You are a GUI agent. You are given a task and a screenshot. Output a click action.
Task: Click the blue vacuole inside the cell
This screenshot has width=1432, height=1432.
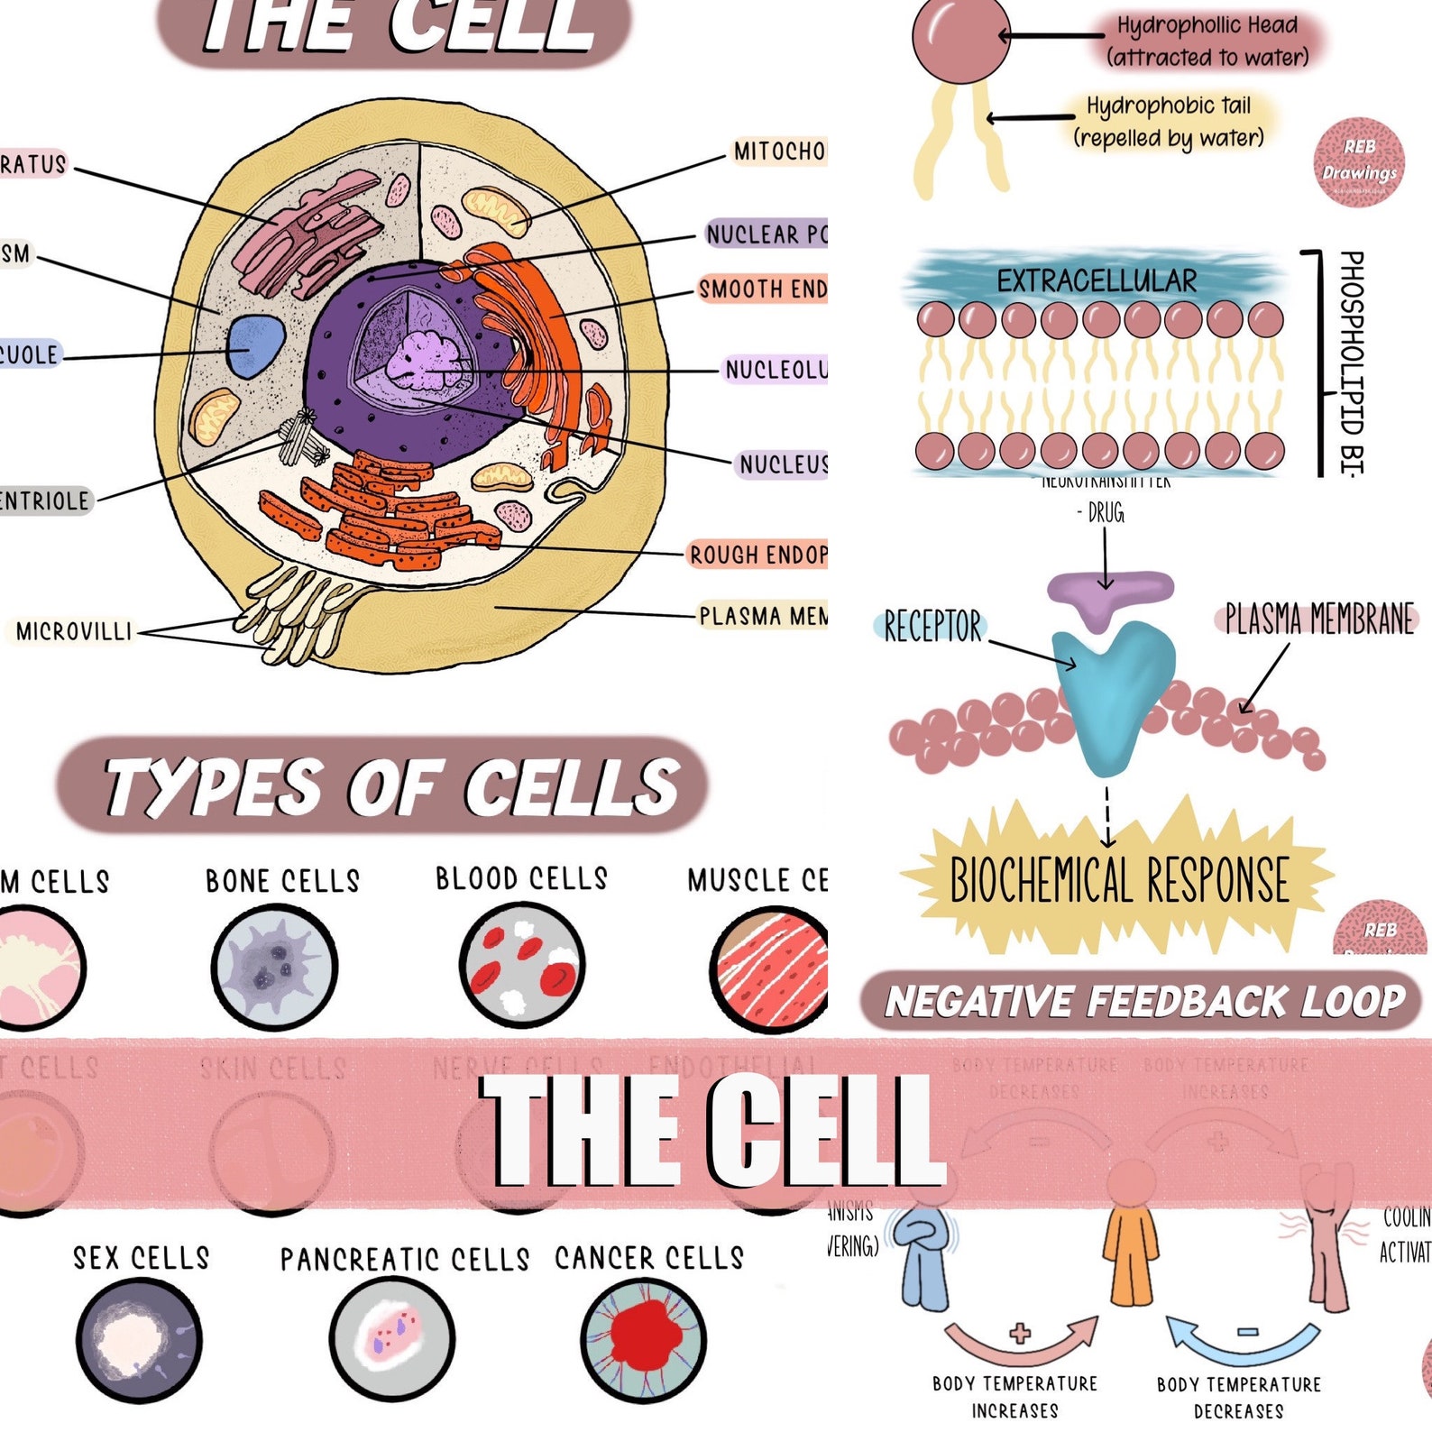(x=255, y=345)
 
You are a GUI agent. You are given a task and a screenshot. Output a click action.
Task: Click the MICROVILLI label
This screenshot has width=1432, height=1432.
(x=74, y=631)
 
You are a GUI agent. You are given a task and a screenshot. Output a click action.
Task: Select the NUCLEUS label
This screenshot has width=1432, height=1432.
(x=781, y=464)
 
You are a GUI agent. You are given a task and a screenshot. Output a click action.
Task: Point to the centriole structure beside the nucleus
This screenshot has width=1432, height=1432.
(x=301, y=438)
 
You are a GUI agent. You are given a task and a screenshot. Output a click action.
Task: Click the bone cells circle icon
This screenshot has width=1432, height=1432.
(x=274, y=968)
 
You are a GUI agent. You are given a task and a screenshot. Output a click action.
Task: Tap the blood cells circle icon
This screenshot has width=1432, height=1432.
(x=521, y=967)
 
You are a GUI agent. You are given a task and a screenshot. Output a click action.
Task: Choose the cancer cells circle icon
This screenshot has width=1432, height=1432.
(x=643, y=1339)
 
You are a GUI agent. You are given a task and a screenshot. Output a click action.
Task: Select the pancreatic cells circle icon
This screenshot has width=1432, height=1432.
(x=392, y=1339)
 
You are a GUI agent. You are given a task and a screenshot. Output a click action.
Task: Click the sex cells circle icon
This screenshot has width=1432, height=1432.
(x=139, y=1339)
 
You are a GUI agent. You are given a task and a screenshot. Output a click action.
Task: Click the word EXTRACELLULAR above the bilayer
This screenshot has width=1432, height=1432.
(x=1097, y=280)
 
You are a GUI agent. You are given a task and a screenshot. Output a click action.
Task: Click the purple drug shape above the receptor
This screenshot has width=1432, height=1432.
(x=1108, y=595)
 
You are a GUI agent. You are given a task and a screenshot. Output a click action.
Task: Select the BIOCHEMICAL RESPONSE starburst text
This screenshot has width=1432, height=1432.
(x=1119, y=880)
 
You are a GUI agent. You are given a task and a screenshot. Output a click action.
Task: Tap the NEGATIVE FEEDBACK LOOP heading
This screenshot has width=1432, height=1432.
(x=1143, y=1001)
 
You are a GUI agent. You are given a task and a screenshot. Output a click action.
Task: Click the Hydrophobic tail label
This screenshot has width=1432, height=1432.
(x=1169, y=122)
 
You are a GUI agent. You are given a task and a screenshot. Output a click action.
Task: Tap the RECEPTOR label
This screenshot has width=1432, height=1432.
(x=932, y=626)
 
